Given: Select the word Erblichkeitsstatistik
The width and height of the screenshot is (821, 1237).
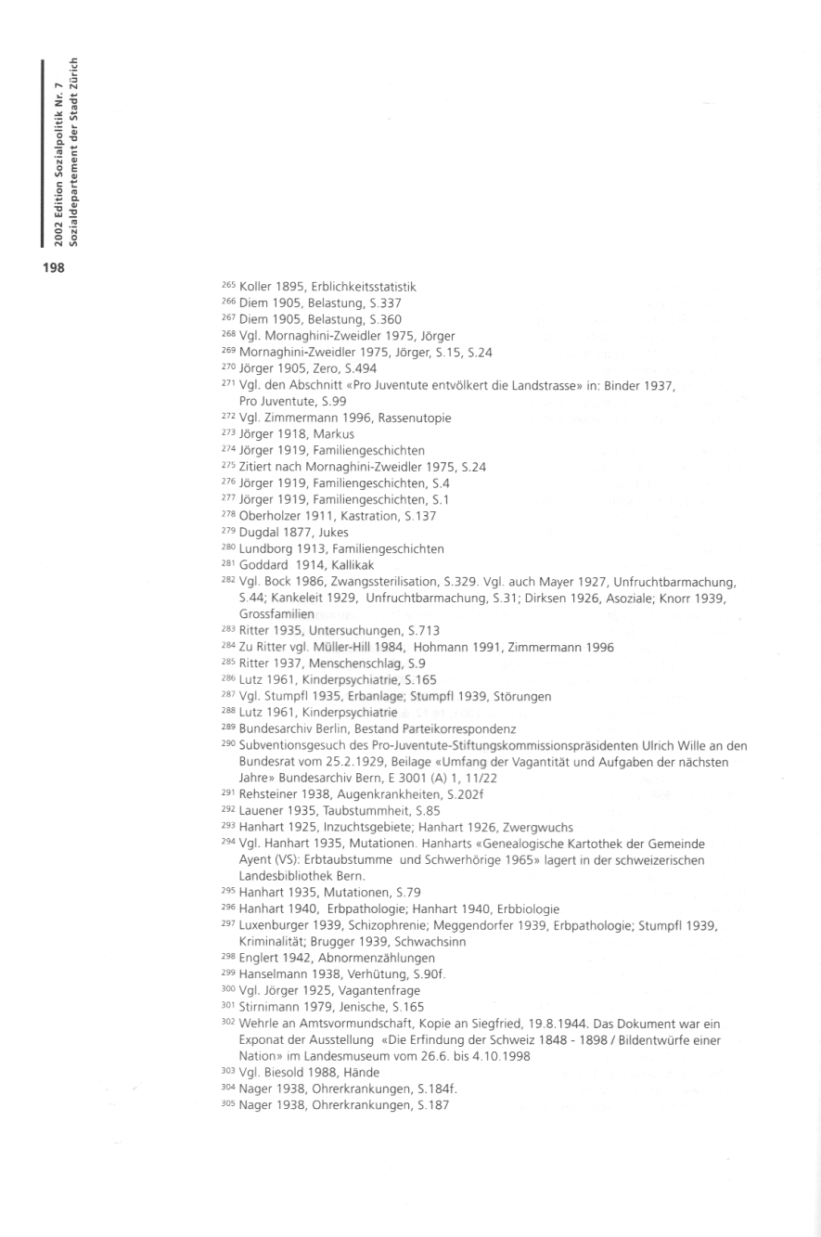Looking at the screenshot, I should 364,287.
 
